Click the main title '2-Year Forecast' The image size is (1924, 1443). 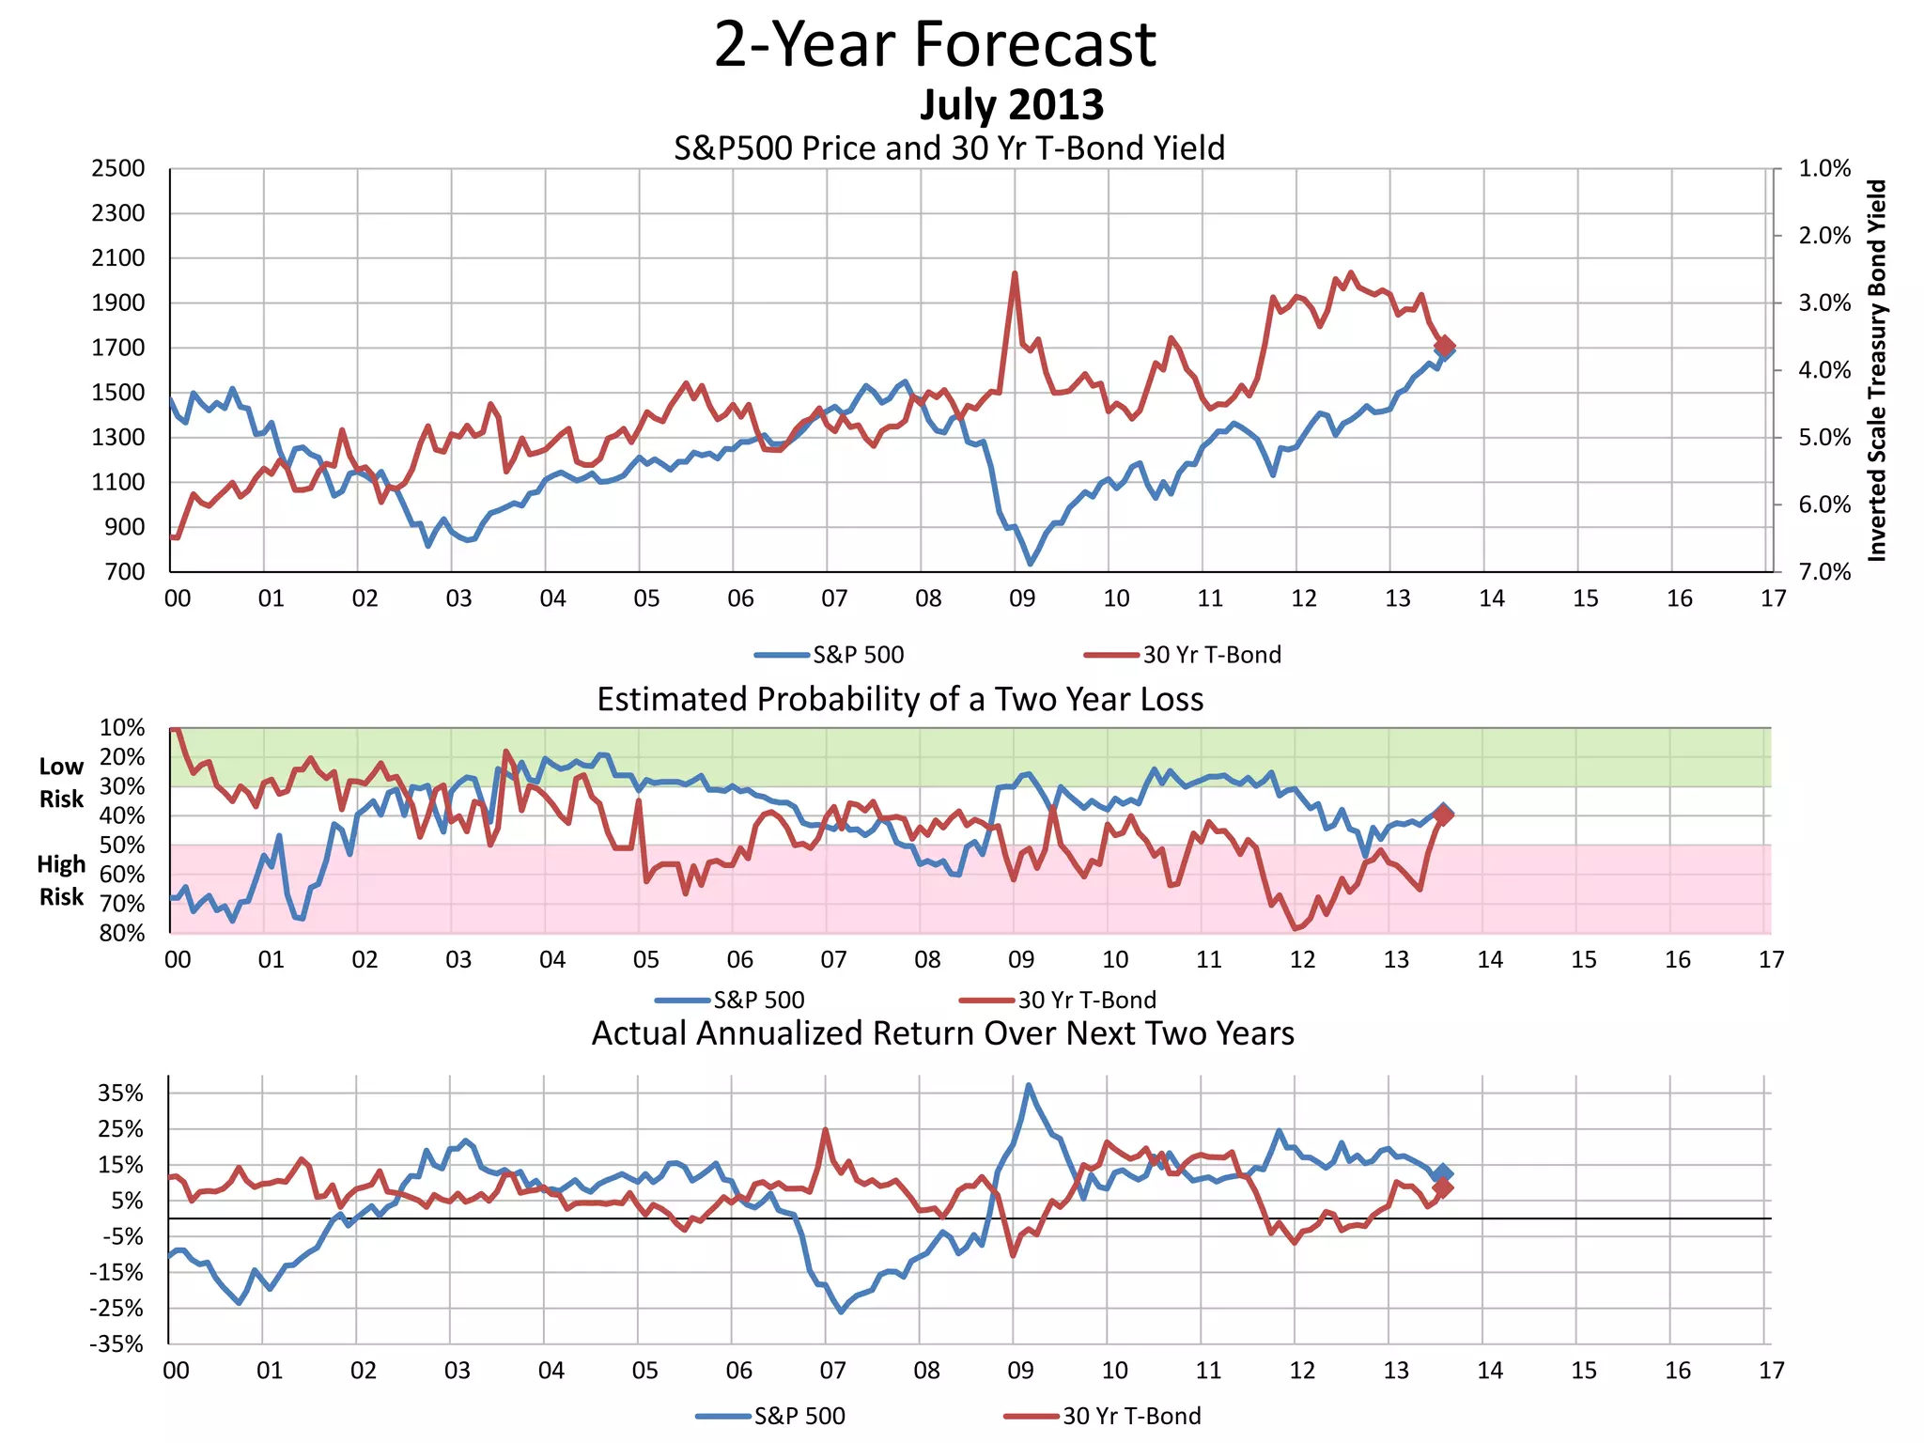point(935,44)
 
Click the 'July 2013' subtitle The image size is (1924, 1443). point(1011,104)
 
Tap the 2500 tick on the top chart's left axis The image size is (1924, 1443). point(118,169)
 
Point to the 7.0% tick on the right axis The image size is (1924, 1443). point(1824,572)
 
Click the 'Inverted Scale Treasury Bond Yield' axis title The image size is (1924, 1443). point(1877,370)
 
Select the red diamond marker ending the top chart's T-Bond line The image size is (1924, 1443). point(1445,346)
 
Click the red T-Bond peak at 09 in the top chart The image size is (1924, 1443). point(1015,274)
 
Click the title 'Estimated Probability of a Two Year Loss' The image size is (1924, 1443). point(900,700)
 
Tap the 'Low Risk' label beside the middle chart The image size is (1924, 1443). point(61,783)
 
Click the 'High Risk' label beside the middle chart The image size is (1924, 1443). point(61,880)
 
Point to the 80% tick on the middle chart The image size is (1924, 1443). point(122,933)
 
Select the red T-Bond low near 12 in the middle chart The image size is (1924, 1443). point(1296,928)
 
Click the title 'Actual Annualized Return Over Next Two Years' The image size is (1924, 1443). point(942,1033)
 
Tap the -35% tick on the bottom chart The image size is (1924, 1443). point(116,1344)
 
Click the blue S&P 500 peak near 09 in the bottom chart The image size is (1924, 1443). point(1029,1085)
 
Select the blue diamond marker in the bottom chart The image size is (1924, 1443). point(1444,1173)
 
